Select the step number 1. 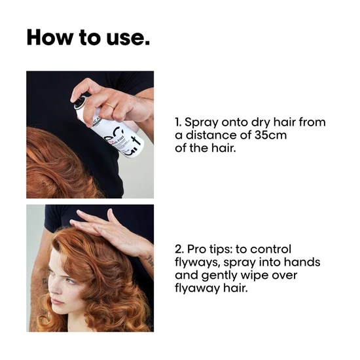(x=179, y=122)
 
